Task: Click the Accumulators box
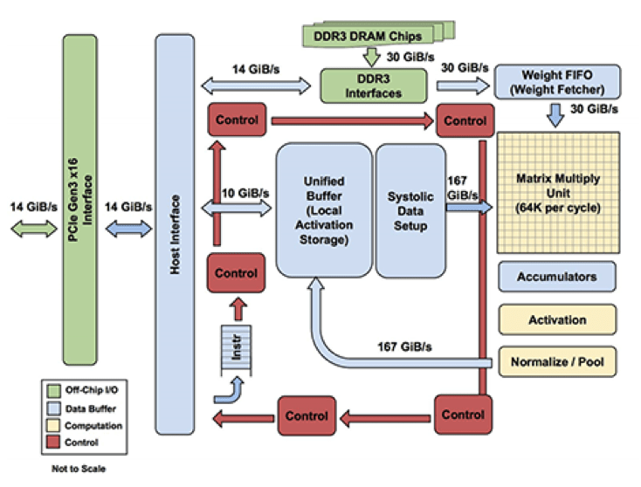click(556, 278)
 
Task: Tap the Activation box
click(556, 320)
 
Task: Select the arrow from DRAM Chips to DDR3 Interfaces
click(372, 57)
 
